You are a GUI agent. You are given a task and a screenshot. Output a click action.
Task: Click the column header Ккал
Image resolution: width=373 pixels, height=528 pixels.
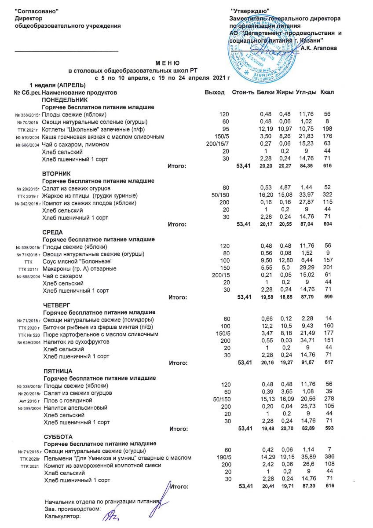327,92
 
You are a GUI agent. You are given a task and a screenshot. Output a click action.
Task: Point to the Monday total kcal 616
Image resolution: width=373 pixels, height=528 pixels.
326,166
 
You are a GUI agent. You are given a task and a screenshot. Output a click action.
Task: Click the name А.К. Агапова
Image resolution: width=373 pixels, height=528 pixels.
319,48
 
